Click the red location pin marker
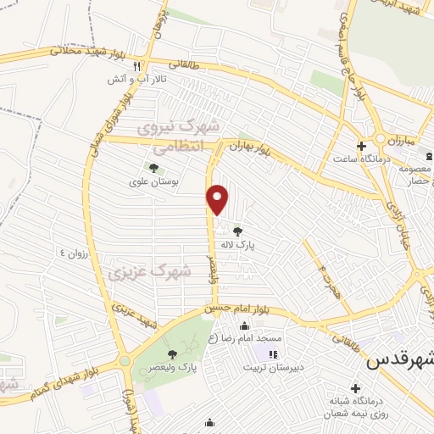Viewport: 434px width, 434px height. click(x=218, y=199)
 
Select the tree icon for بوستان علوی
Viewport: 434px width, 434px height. click(x=153, y=167)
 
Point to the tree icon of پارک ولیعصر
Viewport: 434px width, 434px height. click(x=172, y=354)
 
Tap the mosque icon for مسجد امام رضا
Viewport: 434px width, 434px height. click(x=245, y=326)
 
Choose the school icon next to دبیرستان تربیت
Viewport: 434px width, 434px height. click(x=272, y=354)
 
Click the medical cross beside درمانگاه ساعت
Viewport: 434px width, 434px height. click(x=361, y=147)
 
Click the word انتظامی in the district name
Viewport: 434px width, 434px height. click(x=176, y=144)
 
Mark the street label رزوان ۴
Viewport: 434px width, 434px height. click(x=74, y=253)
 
